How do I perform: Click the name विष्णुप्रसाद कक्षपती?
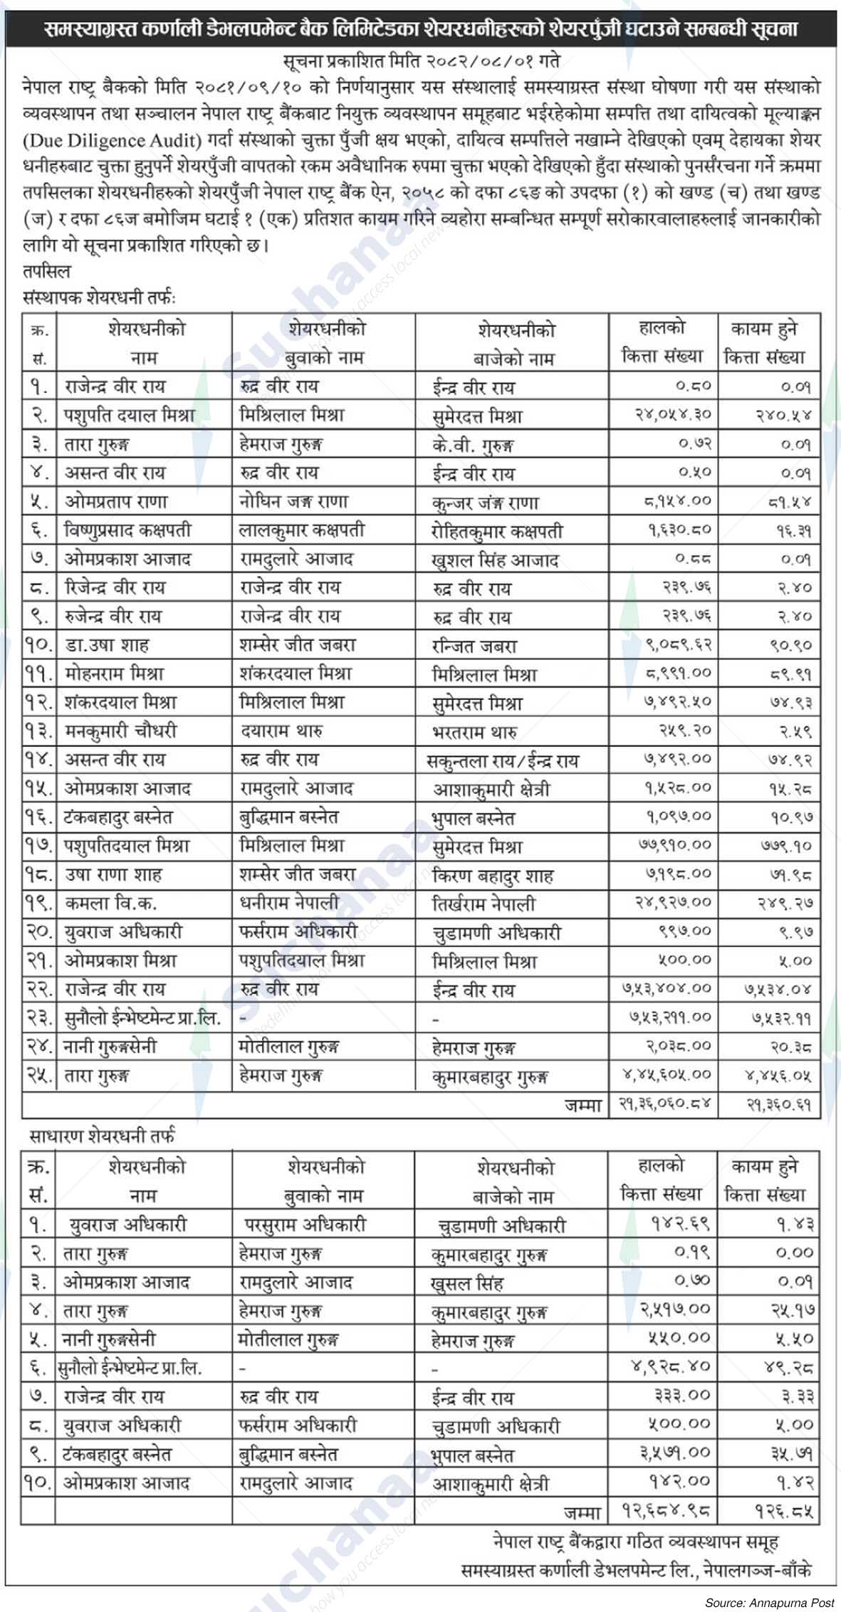[127, 530]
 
